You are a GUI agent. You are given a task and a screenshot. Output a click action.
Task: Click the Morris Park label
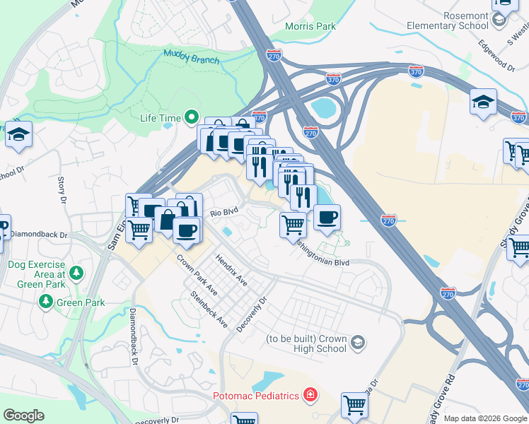(310, 26)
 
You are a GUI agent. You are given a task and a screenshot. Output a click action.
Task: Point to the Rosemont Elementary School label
(447, 20)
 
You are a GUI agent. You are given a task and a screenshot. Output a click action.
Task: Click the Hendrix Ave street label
(231, 271)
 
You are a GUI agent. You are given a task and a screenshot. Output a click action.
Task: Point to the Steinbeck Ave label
(209, 309)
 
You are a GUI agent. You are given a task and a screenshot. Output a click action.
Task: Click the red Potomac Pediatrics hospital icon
(310, 395)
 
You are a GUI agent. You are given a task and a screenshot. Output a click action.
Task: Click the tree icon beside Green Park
(47, 302)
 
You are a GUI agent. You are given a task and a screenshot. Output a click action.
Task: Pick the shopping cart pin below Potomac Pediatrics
(354, 406)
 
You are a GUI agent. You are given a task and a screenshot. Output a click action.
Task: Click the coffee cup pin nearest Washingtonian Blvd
(326, 218)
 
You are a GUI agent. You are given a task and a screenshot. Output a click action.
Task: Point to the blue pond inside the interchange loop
(324, 108)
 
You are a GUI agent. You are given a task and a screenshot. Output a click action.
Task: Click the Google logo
(23, 416)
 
